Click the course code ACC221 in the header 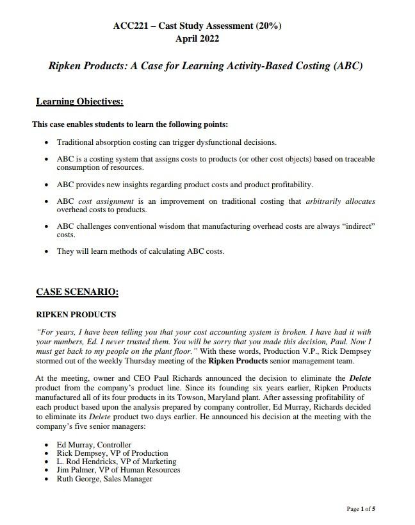(129, 26)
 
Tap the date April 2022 (197, 38)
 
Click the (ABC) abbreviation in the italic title (346, 66)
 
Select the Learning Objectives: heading (79, 102)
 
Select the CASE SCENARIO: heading (77, 292)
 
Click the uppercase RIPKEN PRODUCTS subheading (76, 315)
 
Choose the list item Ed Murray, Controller (94, 445)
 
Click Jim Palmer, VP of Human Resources (118, 470)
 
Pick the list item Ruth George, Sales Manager (104, 479)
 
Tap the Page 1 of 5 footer (361, 509)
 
